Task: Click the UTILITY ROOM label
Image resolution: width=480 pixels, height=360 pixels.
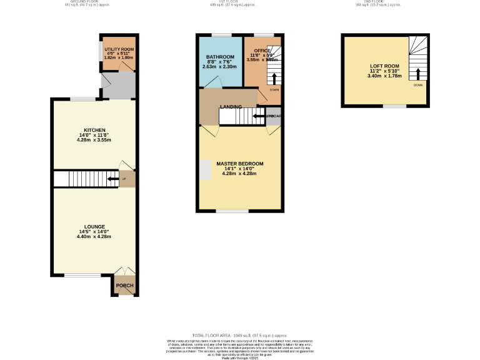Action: [119, 49]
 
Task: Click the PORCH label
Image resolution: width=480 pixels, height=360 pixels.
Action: [125, 286]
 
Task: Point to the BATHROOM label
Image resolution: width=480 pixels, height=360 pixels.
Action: [220, 57]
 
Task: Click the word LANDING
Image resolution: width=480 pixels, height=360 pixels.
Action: [214, 106]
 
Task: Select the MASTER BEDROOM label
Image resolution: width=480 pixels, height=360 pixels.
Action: [239, 164]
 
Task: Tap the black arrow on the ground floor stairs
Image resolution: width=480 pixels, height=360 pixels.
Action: [112, 179]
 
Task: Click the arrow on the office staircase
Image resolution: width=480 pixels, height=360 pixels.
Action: [273, 78]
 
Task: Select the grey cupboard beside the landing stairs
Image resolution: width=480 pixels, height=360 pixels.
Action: [273, 116]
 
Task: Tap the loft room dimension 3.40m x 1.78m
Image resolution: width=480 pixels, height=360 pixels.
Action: [384, 76]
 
